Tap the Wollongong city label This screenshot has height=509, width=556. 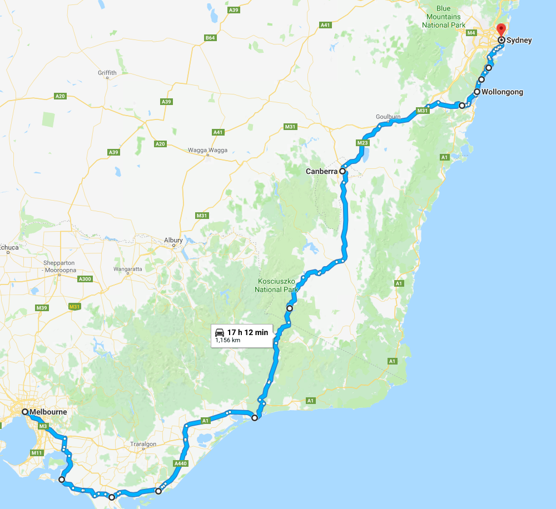point(502,92)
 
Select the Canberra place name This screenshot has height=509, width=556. point(321,172)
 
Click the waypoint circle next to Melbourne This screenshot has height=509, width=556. point(25,412)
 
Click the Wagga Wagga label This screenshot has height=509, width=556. point(207,150)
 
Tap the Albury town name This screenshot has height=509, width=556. point(173,241)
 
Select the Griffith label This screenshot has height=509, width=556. point(107,73)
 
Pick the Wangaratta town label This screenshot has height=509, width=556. point(128,269)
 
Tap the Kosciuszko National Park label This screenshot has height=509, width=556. point(277,285)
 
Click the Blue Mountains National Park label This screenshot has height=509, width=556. point(443,17)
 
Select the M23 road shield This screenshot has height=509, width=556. point(363,143)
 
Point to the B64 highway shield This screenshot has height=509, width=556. point(210,38)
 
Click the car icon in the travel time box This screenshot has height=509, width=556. point(220,332)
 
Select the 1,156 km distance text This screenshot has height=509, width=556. point(227,340)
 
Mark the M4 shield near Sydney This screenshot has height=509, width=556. point(471,33)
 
